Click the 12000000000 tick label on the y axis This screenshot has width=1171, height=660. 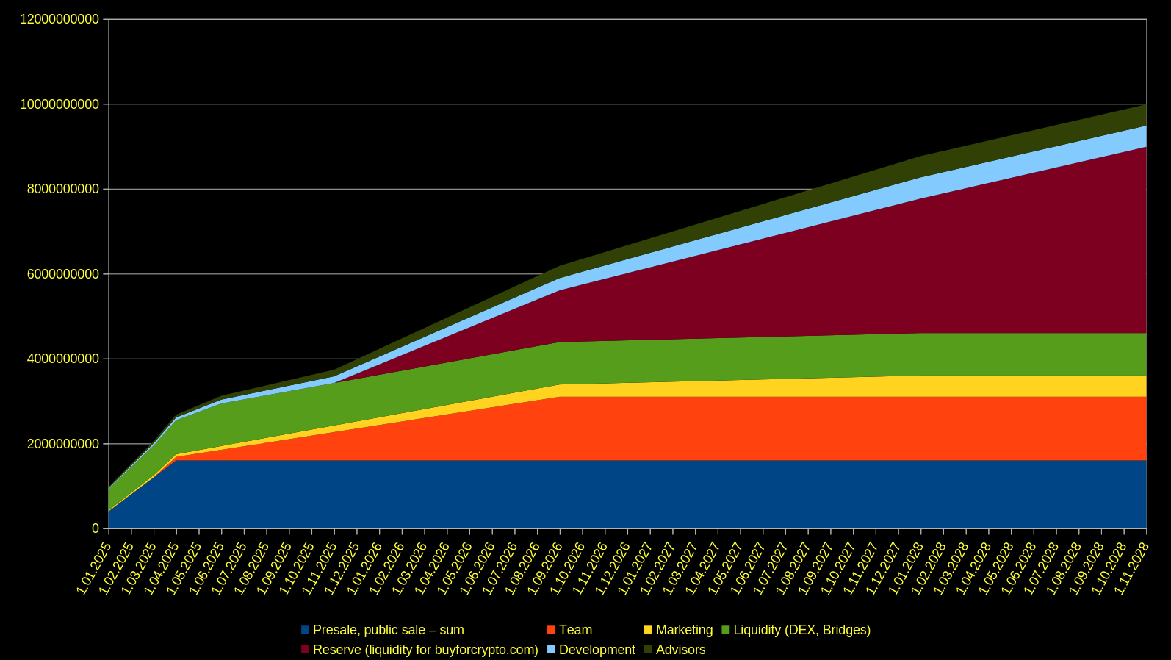tap(60, 20)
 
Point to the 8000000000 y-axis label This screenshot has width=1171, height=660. tap(60, 190)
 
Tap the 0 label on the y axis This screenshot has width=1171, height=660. tap(96, 529)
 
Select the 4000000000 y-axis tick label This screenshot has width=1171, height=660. tap(60, 359)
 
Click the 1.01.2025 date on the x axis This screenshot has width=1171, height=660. tap(95, 568)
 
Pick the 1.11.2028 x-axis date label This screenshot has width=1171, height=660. tap(1132, 568)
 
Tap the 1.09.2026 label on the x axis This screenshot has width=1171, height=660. tap(546, 568)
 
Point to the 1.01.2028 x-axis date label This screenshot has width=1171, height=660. tap(907, 568)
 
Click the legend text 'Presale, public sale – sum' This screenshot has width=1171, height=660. tap(388, 630)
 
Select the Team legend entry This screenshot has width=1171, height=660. tap(575, 630)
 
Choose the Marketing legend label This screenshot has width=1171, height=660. tap(684, 630)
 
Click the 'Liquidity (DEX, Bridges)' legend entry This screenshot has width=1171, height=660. tap(801, 630)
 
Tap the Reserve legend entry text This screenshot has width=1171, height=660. tap(425, 650)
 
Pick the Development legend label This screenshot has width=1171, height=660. tap(597, 650)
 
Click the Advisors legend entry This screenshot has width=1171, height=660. tap(680, 650)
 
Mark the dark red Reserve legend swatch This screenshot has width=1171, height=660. tap(306, 650)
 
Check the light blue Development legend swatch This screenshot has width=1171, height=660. tap(552, 650)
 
